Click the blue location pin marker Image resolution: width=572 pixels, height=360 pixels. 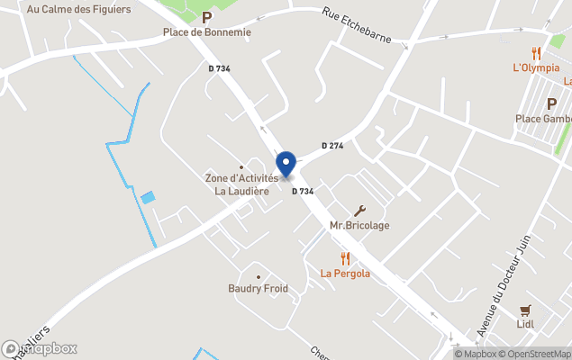click(286, 165)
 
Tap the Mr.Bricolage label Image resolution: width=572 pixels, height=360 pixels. click(359, 225)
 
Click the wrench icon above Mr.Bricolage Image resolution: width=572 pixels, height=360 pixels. click(361, 210)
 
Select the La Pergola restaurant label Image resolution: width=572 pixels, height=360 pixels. click(345, 274)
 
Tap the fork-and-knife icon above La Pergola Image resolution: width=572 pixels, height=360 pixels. click(345, 258)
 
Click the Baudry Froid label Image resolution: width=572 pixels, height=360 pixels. click(258, 289)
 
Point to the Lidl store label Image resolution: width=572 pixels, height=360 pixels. click(526, 324)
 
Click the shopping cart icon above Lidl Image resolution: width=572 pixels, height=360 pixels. click(526, 310)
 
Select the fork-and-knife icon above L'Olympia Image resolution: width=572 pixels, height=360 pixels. click(537, 52)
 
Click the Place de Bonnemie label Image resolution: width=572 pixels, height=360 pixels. click(206, 32)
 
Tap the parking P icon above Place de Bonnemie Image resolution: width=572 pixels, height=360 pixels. click(206, 17)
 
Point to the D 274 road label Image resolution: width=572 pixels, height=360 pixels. click(332, 146)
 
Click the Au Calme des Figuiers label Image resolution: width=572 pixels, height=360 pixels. click(78, 9)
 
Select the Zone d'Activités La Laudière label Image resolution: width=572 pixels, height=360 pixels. click(241, 184)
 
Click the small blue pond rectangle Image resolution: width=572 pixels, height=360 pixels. click(148, 197)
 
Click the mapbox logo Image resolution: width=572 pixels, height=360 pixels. click(40, 348)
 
